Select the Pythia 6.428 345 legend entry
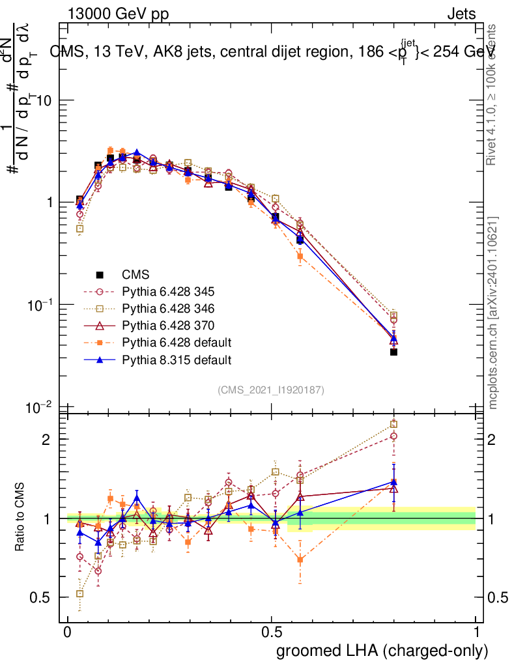[168, 292]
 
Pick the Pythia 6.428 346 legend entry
[168, 309]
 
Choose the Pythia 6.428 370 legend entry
[168, 326]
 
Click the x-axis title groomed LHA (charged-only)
[382, 651]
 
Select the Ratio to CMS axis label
[20, 518]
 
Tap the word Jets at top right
[461, 14]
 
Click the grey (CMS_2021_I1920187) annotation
[271, 390]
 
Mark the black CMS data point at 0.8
[393, 352]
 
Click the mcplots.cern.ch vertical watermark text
[494, 313]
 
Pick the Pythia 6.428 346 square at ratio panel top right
[393, 425]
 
